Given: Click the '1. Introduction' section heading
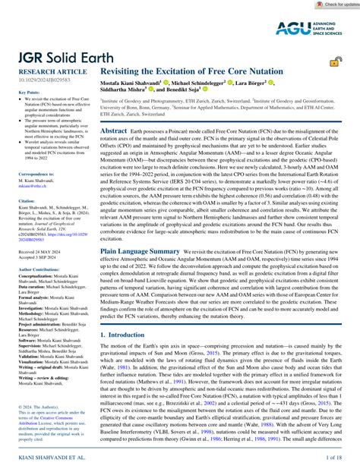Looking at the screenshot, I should (128, 333).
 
